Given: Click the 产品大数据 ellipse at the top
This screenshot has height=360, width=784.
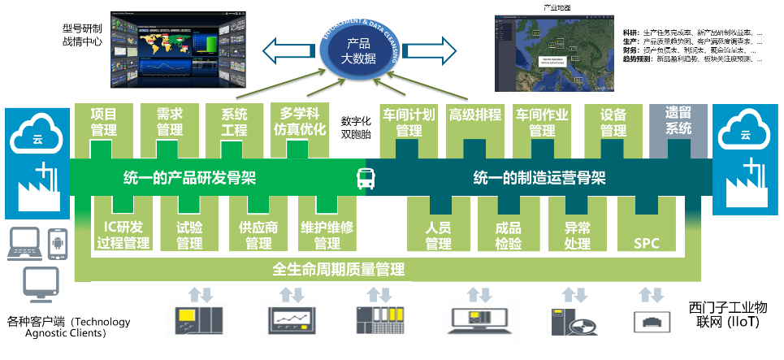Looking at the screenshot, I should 358,51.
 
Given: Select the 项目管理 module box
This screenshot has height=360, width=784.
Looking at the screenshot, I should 103,122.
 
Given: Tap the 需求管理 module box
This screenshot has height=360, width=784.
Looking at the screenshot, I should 169,122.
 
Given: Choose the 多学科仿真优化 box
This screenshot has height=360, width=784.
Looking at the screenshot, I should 299,122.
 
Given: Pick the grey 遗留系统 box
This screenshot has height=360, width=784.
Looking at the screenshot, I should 678,122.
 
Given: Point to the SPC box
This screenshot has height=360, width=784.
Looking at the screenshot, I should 647,235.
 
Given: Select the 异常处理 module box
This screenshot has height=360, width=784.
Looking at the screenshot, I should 577,235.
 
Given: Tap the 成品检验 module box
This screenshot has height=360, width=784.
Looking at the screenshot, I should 508,235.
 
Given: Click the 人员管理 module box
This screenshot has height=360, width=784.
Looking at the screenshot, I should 438,235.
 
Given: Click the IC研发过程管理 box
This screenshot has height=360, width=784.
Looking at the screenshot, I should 123,235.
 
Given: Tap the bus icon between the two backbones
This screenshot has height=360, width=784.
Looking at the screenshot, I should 366,178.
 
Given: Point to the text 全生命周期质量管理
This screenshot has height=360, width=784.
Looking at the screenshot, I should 339,269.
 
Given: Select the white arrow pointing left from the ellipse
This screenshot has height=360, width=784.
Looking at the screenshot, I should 288,51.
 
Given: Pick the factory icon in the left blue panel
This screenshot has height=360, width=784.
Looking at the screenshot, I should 37,189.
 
